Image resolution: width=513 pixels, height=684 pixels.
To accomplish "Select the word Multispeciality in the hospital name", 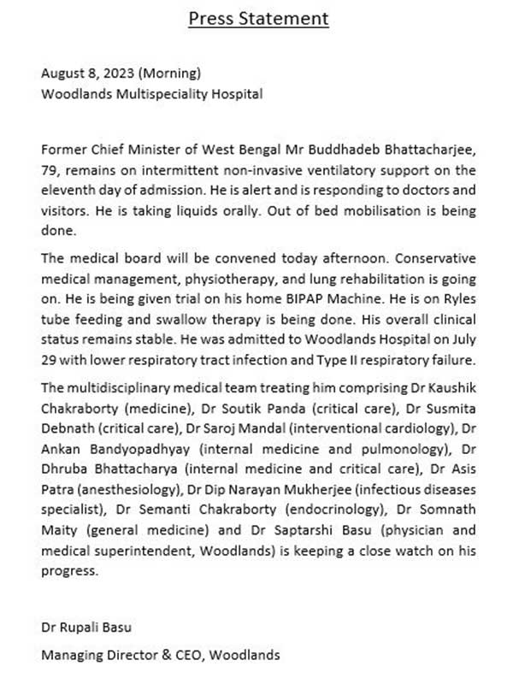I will click(x=150, y=93).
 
